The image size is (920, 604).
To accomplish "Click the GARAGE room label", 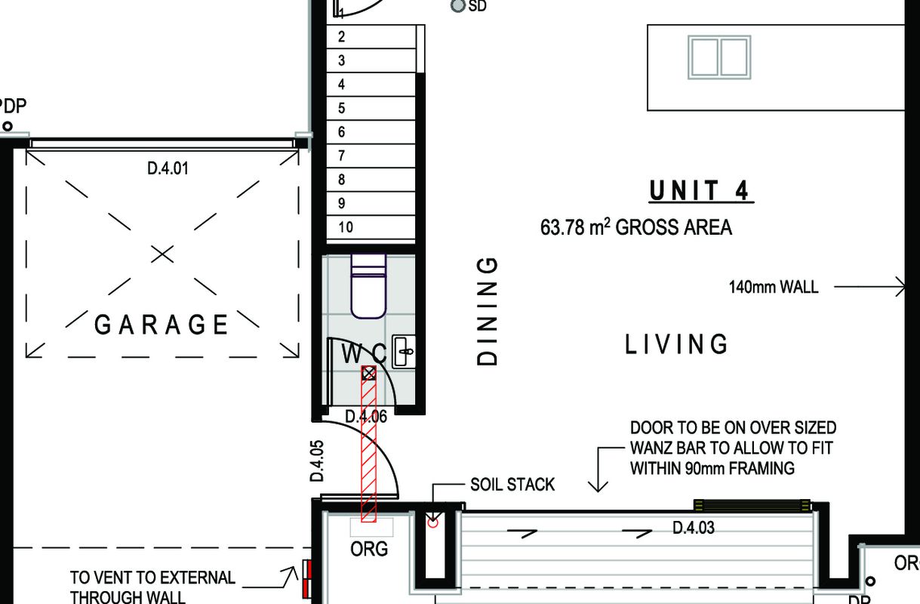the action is [x=161, y=325].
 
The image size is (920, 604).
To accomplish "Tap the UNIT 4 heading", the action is [x=701, y=191].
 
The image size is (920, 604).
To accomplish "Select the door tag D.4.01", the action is [x=168, y=168].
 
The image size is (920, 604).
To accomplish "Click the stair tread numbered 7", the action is [x=371, y=156].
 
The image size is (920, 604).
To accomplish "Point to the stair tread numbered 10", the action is [x=371, y=227].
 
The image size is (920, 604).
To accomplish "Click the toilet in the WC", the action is [x=368, y=286].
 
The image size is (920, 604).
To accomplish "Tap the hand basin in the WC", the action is [x=404, y=352].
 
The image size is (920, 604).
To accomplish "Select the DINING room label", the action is [x=487, y=312].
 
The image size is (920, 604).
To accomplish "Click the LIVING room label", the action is [x=676, y=344].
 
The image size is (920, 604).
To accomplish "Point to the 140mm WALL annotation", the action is [x=774, y=287].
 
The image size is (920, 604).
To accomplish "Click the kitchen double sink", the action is [x=719, y=57].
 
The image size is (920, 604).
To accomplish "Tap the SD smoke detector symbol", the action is [x=457, y=6].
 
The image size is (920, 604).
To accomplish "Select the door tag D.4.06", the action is [x=366, y=417].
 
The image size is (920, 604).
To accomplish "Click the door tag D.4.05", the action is [x=317, y=461].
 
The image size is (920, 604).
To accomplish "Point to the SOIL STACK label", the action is [x=512, y=485].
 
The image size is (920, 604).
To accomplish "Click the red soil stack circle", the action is [x=433, y=523].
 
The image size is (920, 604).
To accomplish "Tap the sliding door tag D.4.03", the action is [x=694, y=528].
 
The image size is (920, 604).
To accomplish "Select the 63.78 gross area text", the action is [x=635, y=227].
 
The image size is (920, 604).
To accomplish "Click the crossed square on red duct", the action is [x=369, y=373].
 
